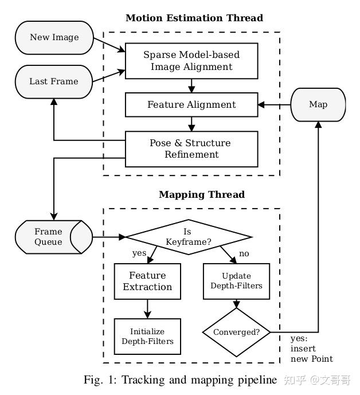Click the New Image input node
54,38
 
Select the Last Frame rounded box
54,81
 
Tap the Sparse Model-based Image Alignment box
191,61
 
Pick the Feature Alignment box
191,104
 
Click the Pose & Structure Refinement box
191,148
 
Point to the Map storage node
318,104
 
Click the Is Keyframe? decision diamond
189,236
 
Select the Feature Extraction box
147,281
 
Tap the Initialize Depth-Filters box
147,337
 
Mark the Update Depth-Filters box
236,281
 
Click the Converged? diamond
236,332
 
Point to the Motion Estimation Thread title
194,18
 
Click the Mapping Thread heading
201,194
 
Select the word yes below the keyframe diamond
139,253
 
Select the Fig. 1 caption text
181,380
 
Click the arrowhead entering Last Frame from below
54,101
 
